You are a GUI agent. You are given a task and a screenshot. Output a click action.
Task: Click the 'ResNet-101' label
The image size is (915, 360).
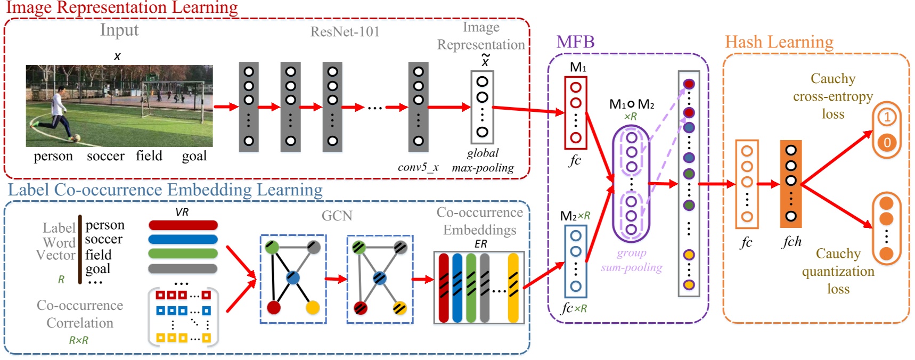(x=345, y=32)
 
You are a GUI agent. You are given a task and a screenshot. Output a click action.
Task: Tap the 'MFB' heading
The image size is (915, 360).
(x=575, y=42)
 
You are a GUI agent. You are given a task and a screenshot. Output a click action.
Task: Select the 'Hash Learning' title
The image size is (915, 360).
(x=779, y=42)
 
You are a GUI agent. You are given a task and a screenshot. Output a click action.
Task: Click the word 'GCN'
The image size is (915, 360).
(x=337, y=216)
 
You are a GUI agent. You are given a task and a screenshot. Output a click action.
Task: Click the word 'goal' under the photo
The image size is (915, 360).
(x=194, y=156)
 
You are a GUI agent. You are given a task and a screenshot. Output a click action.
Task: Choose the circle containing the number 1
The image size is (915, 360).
(x=887, y=117)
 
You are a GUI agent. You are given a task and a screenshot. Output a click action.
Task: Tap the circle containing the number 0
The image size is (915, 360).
(x=887, y=143)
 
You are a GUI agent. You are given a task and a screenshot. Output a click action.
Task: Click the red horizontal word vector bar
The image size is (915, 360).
(x=183, y=225)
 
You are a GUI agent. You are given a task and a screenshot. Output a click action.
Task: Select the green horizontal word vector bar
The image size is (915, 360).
(x=183, y=253)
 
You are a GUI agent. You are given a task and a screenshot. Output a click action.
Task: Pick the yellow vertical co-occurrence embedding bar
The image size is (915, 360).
(x=513, y=288)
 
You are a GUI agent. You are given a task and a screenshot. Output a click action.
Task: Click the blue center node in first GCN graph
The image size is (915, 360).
(x=293, y=277)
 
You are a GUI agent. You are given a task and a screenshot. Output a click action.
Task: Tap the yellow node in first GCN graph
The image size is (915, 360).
(x=313, y=308)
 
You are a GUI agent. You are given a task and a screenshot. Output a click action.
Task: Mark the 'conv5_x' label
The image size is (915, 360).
(x=418, y=167)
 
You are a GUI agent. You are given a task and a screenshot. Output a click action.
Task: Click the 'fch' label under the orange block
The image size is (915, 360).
(x=791, y=242)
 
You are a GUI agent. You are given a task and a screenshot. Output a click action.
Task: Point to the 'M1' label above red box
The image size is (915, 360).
(x=578, y=68)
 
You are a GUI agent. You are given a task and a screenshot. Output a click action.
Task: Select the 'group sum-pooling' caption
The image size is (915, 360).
(x=632, y=260)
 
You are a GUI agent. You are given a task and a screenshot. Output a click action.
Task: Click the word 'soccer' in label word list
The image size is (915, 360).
(x=104, y=240)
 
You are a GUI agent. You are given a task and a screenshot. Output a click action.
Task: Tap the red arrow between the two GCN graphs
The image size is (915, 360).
(x=336, y=279)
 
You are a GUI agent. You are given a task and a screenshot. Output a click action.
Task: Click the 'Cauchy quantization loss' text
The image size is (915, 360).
(x=838, y=271)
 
